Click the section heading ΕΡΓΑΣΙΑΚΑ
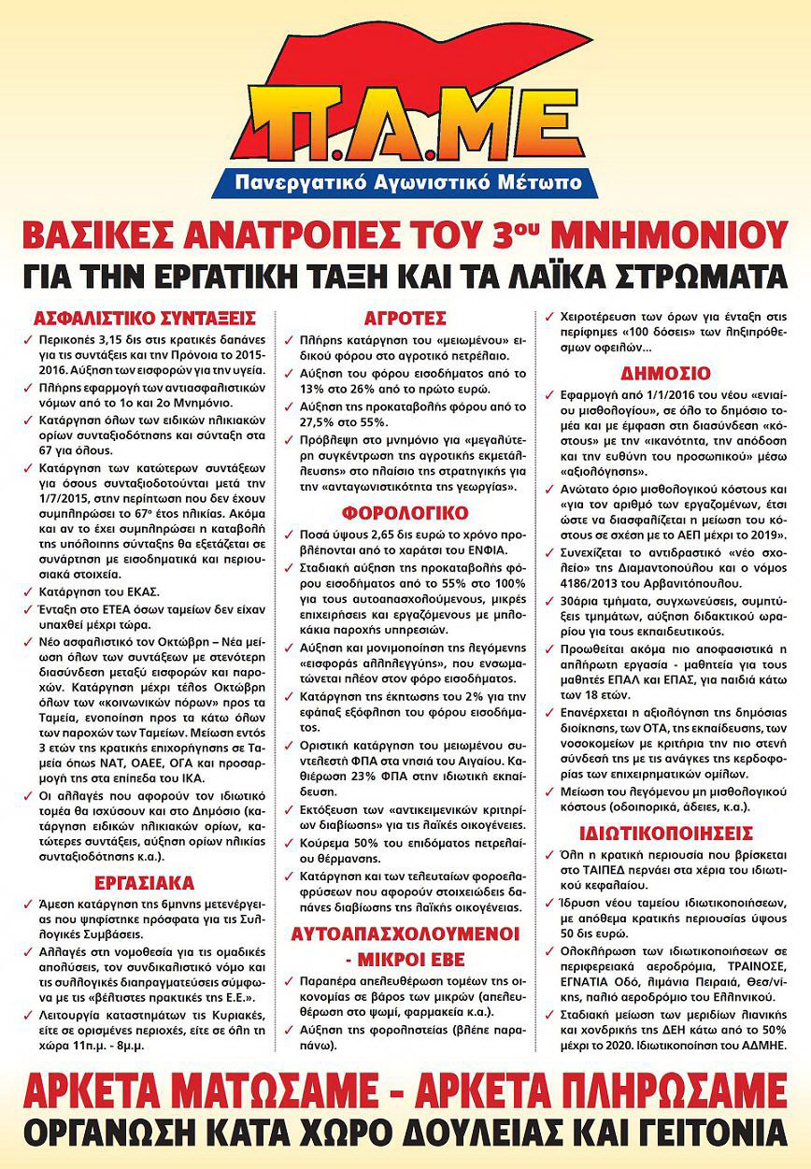144,883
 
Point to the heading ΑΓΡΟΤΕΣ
406,316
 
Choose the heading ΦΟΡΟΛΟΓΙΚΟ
405,513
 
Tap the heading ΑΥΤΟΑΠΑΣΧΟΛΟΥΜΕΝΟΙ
405,934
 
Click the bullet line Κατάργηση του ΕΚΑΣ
97,590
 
